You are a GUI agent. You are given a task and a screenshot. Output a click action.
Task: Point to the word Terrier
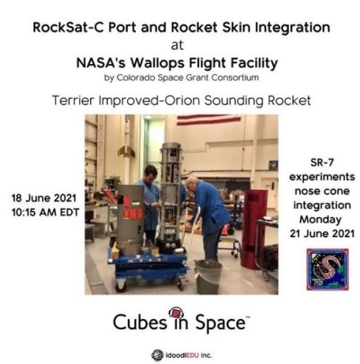[73, 100]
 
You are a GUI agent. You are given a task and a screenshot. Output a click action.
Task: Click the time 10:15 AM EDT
[45, 213]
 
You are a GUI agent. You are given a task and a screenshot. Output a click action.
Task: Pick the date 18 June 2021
[44, 198]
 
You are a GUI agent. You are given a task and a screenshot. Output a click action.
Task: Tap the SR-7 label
[322, 162]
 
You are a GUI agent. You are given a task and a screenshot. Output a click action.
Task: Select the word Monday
[321, 219]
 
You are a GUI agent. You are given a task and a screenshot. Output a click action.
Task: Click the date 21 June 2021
[322, 234]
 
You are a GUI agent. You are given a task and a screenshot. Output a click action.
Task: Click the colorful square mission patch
[327, 269]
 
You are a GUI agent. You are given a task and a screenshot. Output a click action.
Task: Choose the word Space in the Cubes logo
[220, 323]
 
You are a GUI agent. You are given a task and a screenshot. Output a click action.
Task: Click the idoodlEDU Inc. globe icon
[157, 355]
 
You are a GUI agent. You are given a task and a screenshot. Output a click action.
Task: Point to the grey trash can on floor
[209, 276]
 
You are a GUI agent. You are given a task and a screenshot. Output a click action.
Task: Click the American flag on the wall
[209, 120]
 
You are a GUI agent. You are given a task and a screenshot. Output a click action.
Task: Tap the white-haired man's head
[192, 183]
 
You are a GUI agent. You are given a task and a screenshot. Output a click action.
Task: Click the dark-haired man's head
[151, 173]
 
